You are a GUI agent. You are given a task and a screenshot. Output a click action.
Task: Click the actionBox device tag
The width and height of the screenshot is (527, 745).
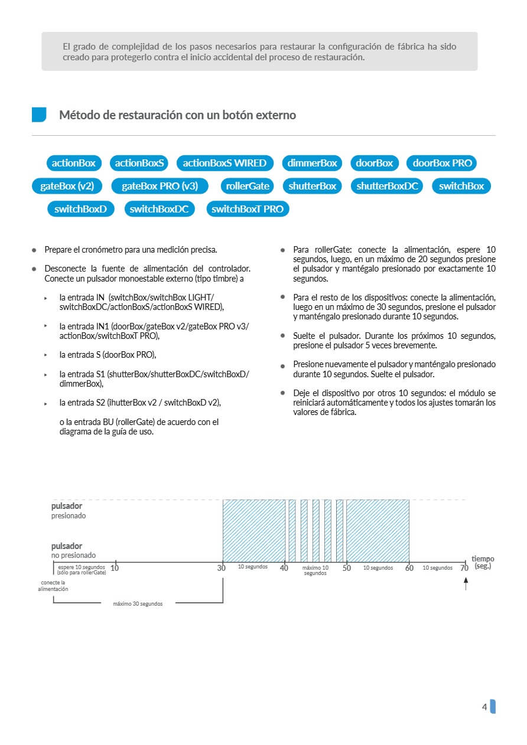pyautogui.click(x=74, y=163)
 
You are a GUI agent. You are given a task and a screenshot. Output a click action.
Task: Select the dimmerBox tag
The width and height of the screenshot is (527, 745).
pyautogui.click(x=313, y=163)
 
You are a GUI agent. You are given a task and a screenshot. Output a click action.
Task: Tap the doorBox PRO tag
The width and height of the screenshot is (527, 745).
pyautogui.click(x=441, y=163)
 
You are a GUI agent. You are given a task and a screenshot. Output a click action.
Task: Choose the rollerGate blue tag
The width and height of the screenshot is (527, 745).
pyautogui.click(x=248, y=186)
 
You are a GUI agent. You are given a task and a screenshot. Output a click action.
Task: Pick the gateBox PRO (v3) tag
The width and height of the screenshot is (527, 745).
pyautogui.click(x=160, y=186)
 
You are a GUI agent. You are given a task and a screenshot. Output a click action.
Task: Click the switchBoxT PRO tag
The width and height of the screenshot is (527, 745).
pyautogui.click(x=248, y=209)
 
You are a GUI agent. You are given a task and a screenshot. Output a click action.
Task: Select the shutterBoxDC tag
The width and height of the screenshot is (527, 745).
pyautogui.click(x=387, y=186)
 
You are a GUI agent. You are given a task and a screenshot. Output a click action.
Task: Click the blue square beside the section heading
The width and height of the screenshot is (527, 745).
pyautogui.click(x=39, y=115)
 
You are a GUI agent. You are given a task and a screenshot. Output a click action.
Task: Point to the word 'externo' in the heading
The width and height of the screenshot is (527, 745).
pyautogui.click(x=275, y=115)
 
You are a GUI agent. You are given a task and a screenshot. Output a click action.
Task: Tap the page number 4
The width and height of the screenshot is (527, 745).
pyautogui.click(x=484, y=707)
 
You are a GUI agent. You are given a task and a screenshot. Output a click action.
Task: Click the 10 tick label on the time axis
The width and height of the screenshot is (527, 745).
pyautogui.click(x=115, y=568)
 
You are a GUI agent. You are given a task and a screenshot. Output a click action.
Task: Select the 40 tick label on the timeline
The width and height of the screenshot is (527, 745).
pyautogui.click(x=284, y=568)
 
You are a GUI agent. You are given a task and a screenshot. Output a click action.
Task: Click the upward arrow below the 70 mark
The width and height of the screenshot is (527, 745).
pyautogui.click(x=466, y=584)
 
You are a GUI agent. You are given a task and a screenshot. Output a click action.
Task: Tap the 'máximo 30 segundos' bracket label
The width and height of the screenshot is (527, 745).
pyautogui.click(x=138, y=604)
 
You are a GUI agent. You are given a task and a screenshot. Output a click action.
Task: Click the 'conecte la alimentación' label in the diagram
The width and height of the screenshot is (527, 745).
pyautogui.click(x=53, y=586)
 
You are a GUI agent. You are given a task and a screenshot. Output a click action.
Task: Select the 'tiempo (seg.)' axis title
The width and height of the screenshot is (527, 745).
pyautogui.click(x=483, y=562)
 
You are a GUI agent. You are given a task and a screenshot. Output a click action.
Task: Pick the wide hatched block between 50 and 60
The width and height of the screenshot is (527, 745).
pyautogui.click(x=378, y=531)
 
